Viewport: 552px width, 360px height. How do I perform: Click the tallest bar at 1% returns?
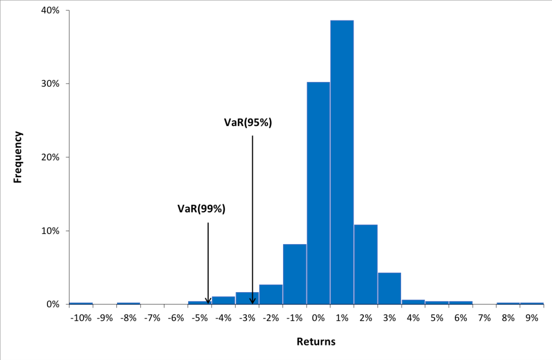(x=342, y=162)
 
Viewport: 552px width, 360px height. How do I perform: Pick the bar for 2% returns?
(x=365, y=264)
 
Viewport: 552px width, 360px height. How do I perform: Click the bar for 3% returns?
(x=389, y=288)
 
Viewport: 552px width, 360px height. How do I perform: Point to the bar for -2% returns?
(x=271, y=294)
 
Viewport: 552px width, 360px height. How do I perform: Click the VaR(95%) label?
(x=248, y=122)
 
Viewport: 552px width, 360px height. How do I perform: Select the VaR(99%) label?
(x=201, y=209)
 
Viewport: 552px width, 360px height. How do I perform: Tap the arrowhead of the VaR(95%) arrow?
(x=252, y=301)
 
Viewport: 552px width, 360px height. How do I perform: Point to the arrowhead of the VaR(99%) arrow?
(x=208, y=301)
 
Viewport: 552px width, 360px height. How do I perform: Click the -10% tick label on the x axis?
(x=81, y=318)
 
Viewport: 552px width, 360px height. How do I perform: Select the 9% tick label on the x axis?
(x=532, y=318)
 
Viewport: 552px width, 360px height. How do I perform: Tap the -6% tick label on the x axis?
(x=176, y=318)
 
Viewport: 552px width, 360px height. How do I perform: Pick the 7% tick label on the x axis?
(x=484, y=318)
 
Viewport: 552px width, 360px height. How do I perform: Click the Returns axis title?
(x=316, y=342)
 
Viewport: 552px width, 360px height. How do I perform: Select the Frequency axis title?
(x=18, y=157)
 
